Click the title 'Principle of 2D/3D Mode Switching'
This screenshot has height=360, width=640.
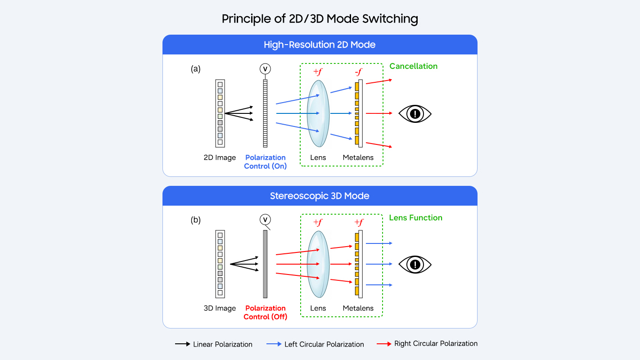pyautogui.click(x=320, y=19)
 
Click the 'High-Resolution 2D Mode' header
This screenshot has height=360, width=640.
pyautogui.click(x=320, y=45)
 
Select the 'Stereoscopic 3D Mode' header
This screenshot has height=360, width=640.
pyautogui.click(x=320, y=196)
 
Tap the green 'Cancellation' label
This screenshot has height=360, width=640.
pyautogui.click(x=413, y=66)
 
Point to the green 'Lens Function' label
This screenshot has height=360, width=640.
pyautogui.click(x=415, y=218)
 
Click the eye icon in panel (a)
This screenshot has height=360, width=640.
pyautogui.click(x=415, y=113)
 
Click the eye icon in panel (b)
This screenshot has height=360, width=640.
pyautogui.click(x=415, y=264)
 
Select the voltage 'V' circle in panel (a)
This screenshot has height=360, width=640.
pyautogui.click(x=265, y=69)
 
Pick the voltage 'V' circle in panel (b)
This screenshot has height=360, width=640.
pyautogui.click(x=265, y=220)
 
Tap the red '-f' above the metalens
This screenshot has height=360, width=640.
pyautogui.click(x=359, y=72)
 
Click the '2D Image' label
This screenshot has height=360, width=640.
pyautogui.click(x=220, y=157)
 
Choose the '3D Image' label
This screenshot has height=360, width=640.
pyautogui.click(x=220, y=308)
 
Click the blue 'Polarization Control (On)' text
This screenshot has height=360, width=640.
pyautogui.click(x=265, y=162)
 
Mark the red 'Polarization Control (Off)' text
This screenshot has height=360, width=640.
pyautogui.click(x=265, y=312)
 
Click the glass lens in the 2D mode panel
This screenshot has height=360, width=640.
pyautogui.click(x=318, y=113)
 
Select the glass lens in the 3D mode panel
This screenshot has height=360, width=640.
pyautogui.click(x=318, y=264)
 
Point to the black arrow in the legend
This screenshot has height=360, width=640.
pyautogui.click(x=182, y=344)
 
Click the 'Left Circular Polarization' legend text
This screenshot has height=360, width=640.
pyautogui.click(x=324, y=344)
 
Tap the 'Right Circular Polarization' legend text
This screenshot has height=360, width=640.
pyautogui.click(x=436, y=343)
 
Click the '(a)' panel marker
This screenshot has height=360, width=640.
pyautogui.click(x=195, y=69)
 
